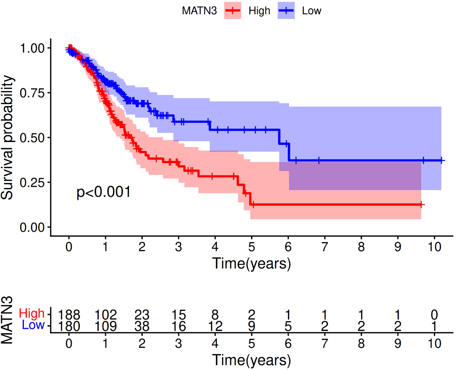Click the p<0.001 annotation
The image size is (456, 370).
click(x=104, y=192)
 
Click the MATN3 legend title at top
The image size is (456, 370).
click(x=199, y=11)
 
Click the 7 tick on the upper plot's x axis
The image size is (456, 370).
click(x=325, y=247)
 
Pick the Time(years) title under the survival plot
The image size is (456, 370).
click(x=251, y=264)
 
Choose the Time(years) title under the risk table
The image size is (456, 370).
click(x=251, y=360)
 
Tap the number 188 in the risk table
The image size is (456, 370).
click(x=69, y=314)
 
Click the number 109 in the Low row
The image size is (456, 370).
click(x=105, y=327)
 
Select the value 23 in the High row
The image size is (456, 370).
click(x=142, y=314)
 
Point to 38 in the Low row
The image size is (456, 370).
click(x=142, y=327)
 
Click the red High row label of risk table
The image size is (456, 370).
click(x=32, y=313)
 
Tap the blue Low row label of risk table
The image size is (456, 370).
click(x=33, y=325)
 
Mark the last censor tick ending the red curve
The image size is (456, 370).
click(x=421, y=205)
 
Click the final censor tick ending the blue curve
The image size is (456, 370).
click(x=442, y=160)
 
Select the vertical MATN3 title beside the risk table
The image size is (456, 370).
click(x=7, y=320)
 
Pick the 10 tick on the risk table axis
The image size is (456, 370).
click(x=434, y=344)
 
